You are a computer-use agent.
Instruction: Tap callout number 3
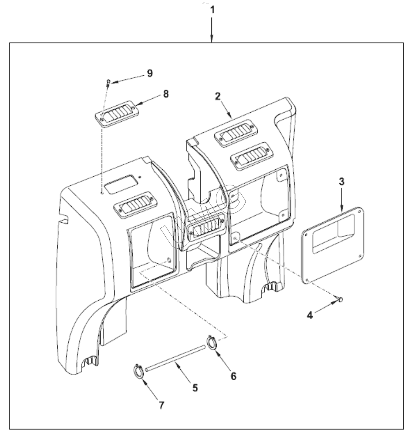(x=341, y=182)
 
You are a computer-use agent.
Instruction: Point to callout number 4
(x=310, y=315)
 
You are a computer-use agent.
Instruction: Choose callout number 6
(x=233, y=375)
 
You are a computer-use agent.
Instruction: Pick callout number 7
(x=161, y=405)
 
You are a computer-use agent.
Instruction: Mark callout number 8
(x=166, y=94)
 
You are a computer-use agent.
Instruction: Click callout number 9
(x=150, y=73)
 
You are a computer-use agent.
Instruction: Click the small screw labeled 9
(x=109, y=83)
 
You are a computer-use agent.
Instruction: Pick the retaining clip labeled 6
(x=211, y=343)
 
